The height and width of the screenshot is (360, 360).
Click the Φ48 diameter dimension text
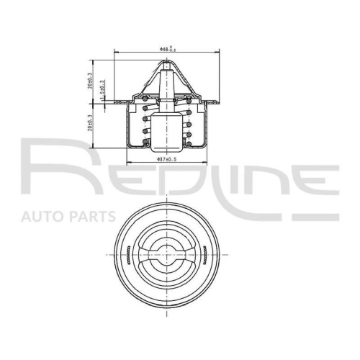[167, 49]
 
